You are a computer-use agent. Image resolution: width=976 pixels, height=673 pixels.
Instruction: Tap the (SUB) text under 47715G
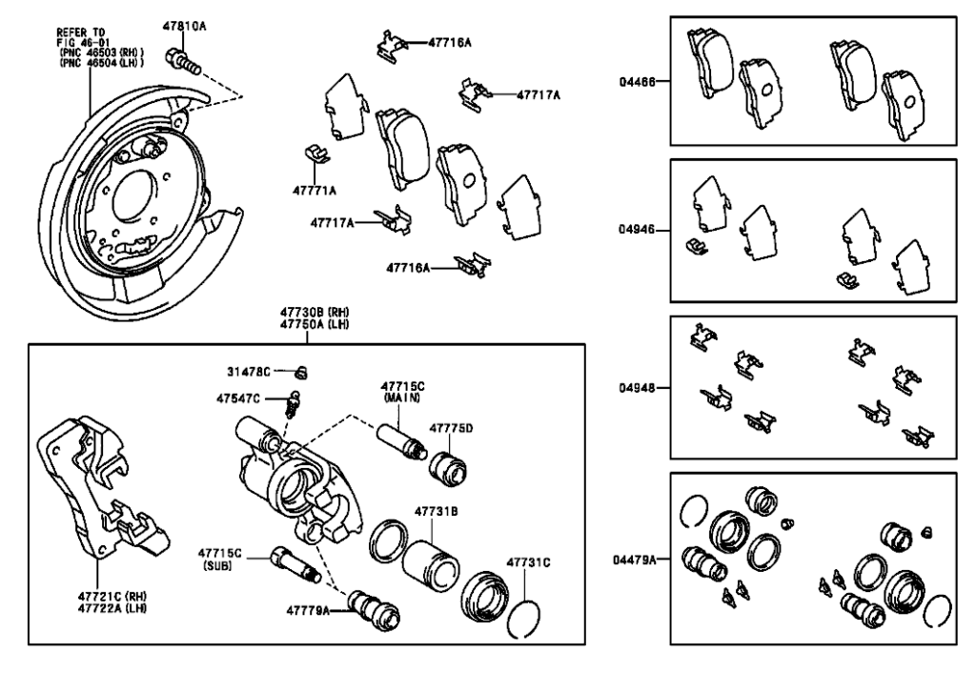pyautogui.click(x=218, y=564)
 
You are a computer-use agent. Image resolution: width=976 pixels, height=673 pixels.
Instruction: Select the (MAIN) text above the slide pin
pyautogui.click(x=402, y=398)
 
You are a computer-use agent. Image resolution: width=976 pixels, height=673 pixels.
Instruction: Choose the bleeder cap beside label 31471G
pyautogui.click(x=301, y=372)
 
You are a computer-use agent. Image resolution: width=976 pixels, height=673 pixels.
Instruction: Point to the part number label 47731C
pyautogui.click(x=528, y=562)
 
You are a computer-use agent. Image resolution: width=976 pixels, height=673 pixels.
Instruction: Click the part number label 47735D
pyautogui.click(x=451, y=430)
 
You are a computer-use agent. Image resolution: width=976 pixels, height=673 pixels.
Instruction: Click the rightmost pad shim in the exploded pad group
pyautogui.click(x=518, y=208)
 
